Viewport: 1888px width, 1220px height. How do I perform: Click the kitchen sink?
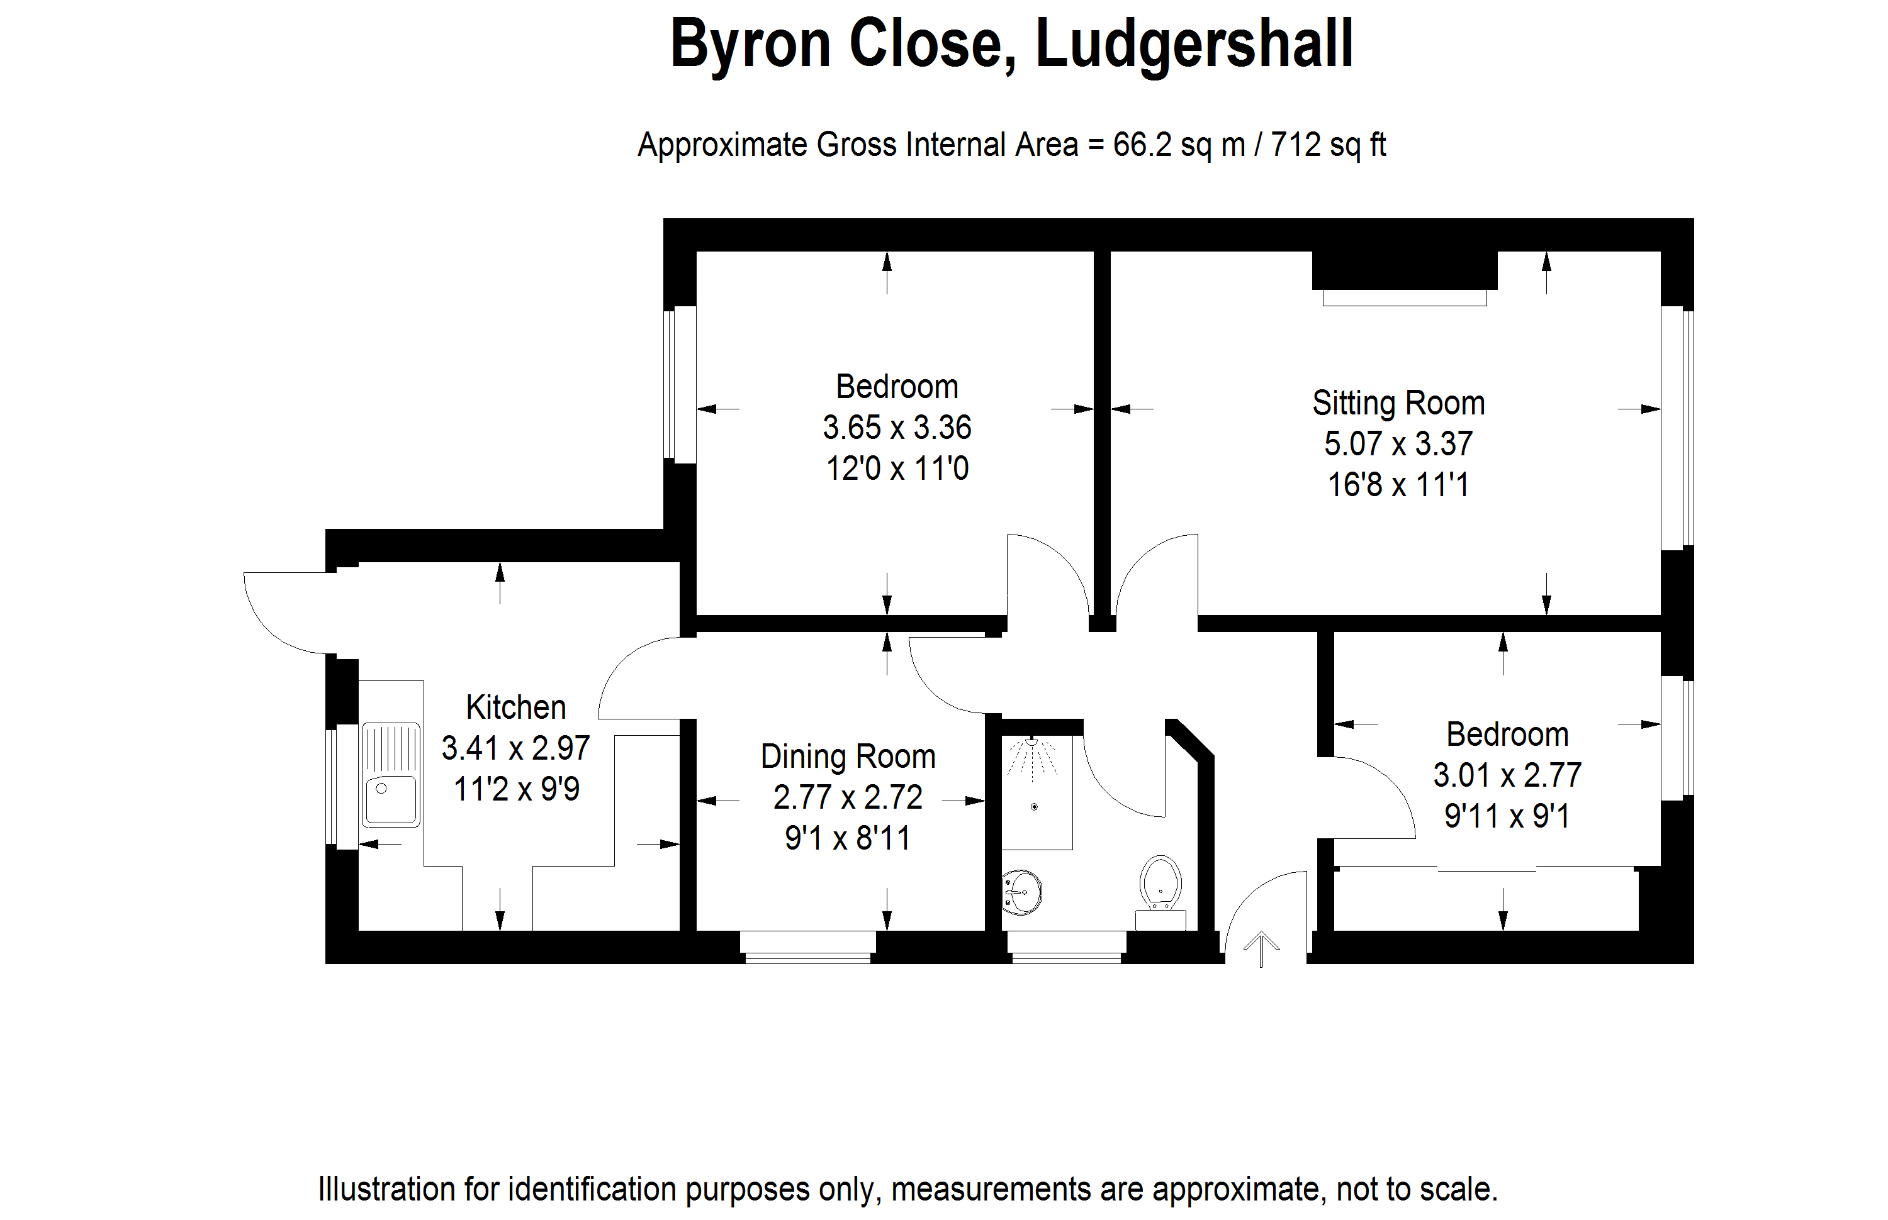[x=391, y=774]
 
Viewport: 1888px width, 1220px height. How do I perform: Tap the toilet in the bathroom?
[x=1160, y=892]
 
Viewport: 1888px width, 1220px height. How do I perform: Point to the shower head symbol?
[x=1031, y=757]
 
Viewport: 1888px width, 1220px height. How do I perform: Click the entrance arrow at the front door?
[x=1261, y=949]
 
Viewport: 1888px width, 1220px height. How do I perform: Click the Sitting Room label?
[x=1398, y=403]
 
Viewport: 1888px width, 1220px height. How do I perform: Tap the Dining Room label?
[x=848, y=757]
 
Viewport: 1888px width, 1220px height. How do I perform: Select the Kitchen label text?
[x=516, y=707]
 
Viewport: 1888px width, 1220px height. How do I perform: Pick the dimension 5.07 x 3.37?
[x=1398, y=443]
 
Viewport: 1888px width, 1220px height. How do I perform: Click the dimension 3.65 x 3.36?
[x=897, y=428]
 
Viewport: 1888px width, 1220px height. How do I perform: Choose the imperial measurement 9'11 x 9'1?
[x=1507, y=816]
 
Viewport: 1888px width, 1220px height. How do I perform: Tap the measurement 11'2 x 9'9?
[x=516, y=789]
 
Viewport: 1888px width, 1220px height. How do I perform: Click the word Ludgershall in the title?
[x=1194, y=45]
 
